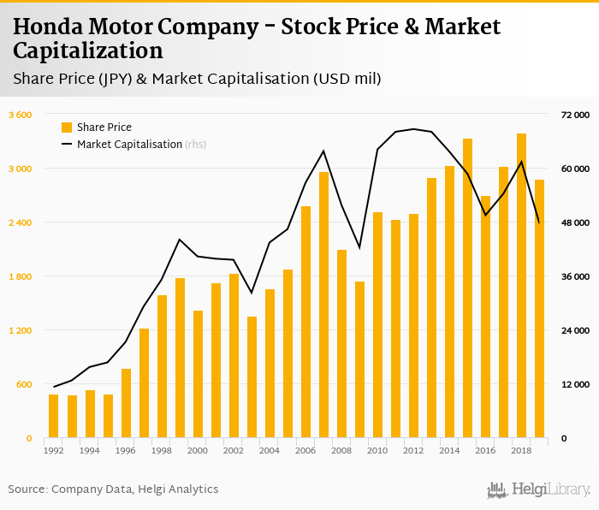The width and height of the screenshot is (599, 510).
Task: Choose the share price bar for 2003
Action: [x=252, y=377]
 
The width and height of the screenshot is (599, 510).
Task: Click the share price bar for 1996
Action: [x=126, y=403]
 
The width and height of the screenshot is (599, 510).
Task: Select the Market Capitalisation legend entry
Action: [x=129, y=145]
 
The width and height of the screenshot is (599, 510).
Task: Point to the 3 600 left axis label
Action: [x=20, y=115]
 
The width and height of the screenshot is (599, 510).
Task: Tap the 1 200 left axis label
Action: [x=20, y=330]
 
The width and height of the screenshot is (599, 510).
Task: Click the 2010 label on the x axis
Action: [x=377, y=451]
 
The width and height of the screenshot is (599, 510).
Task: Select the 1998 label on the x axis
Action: [x=162, y=451]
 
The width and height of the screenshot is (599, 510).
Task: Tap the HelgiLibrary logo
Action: [x=538, y=489]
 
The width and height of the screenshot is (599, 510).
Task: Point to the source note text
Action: [x=113, y=489]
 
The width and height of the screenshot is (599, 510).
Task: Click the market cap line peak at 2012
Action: [x=413, y=129]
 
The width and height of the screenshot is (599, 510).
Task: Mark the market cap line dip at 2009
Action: [x=359, y=247]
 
